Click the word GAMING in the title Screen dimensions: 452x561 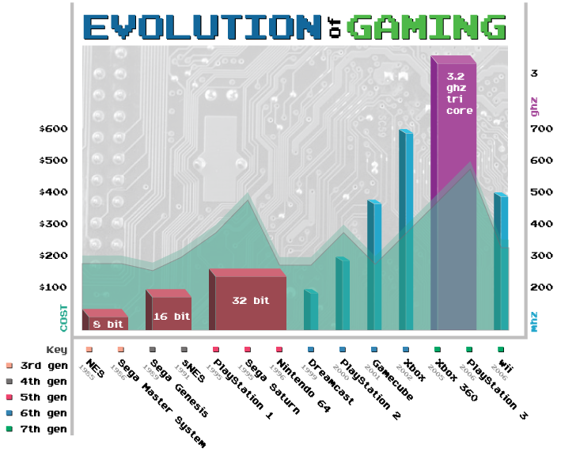(x=426, y=28)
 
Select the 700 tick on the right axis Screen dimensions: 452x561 (x=540, y=129)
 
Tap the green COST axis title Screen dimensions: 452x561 (x=64, y=317)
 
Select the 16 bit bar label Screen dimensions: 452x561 (x=171, y=316)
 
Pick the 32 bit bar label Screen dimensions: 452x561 (x=250, y=301)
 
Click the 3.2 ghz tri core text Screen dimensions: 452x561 (x=459, y=93)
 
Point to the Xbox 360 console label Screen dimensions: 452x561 (x=456, y=380)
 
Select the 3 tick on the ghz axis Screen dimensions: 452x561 (x=535, y=74)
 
